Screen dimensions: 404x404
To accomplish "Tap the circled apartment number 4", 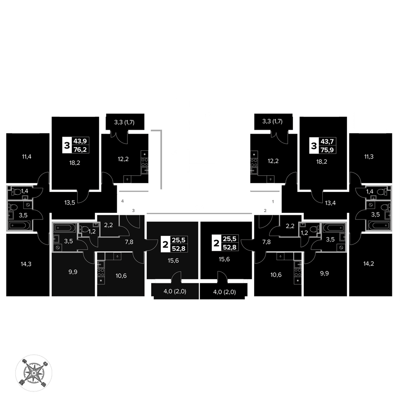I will (122, 201).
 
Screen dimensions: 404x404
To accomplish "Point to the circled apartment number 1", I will (274, 201).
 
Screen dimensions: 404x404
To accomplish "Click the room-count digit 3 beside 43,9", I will (67, 145).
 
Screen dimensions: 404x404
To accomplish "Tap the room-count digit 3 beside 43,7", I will (314, 145).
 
